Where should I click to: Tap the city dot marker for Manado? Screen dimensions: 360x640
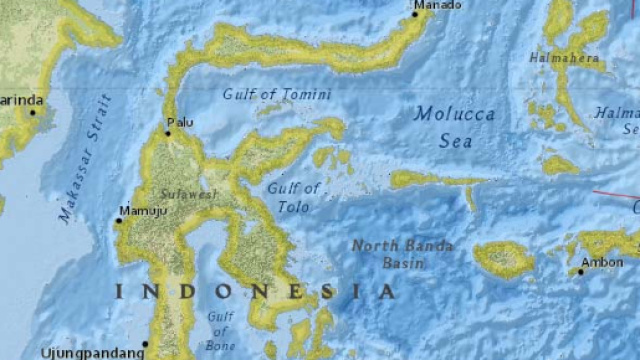pos(416,13)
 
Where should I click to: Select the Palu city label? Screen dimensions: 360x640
pos(182,123)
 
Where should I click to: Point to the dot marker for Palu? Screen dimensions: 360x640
pos(168,132)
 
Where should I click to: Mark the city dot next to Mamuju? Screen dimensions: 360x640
pos(118,220)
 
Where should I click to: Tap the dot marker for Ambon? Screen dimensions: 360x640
pos(581,271)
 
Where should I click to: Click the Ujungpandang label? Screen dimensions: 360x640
pos(89,352)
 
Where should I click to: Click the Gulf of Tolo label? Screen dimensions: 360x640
pos(294,197)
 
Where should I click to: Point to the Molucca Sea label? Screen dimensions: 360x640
pos(455,127)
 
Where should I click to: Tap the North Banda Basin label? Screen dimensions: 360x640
pos(402,255)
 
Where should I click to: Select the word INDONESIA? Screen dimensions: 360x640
pos(254,292)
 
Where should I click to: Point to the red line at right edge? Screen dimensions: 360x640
pos(616,194)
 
